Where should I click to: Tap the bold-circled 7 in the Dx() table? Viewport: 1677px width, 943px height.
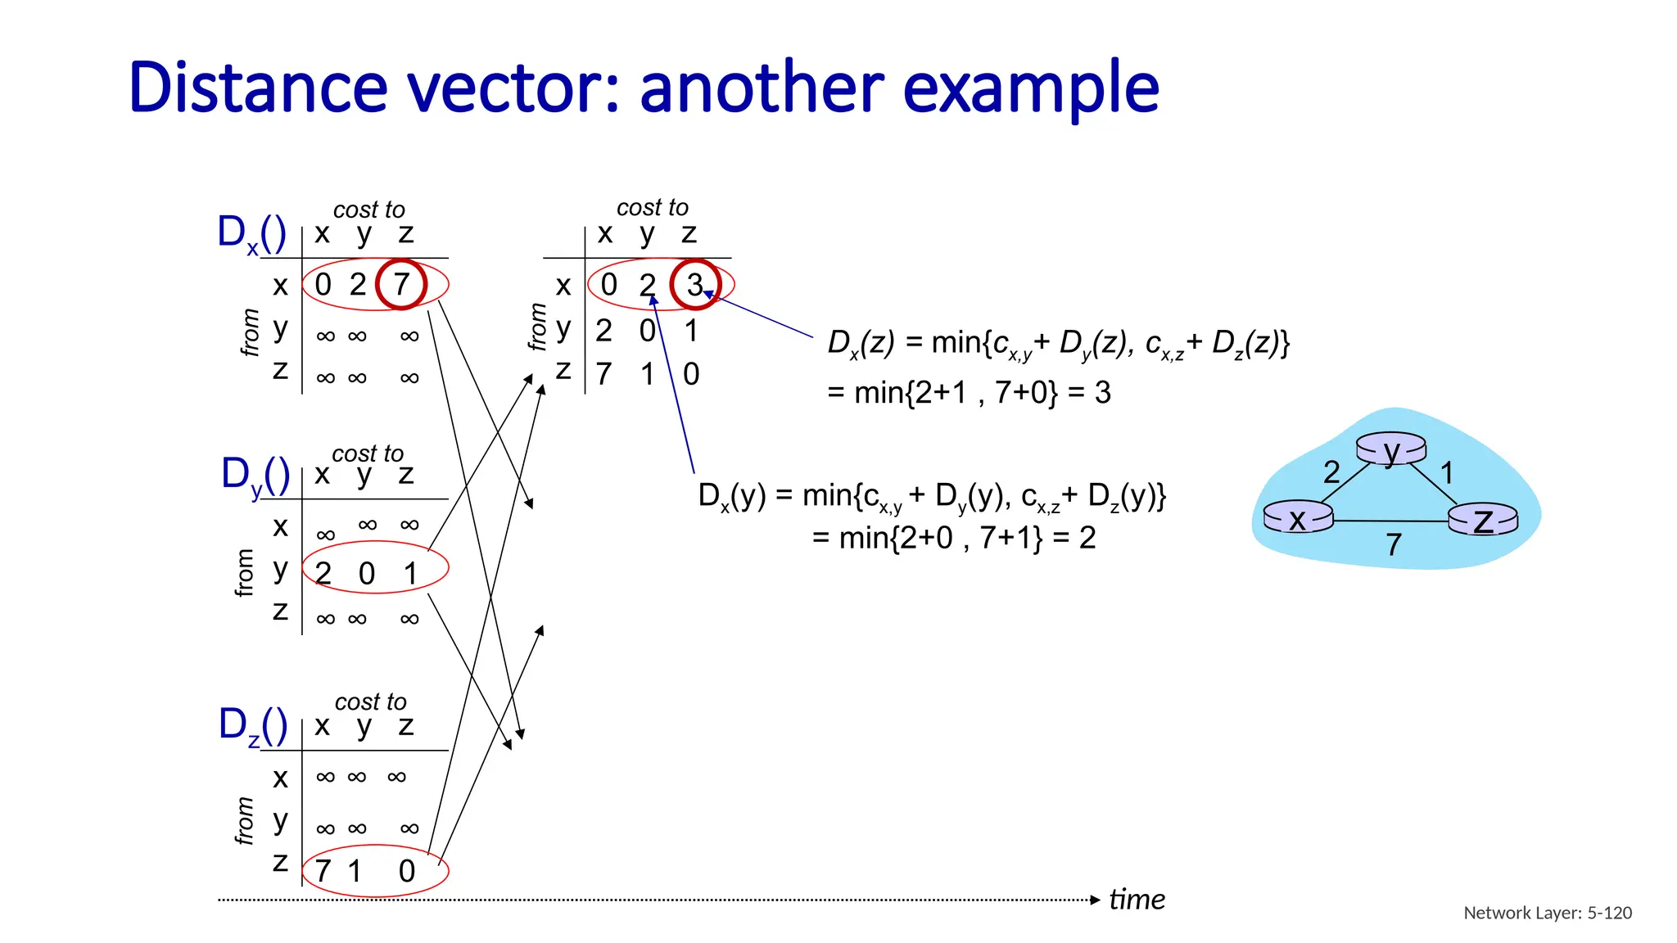coord(401,285)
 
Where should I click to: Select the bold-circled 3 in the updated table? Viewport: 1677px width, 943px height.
coord(695,285)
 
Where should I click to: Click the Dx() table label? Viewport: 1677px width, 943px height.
coord(251,234)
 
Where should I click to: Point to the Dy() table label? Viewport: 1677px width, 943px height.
coord(255,476)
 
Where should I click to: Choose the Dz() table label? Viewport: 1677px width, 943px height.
coord(253,726)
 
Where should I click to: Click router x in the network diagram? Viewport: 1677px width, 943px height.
coord(1298,517)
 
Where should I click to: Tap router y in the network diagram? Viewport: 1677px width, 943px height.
coord(1391,449)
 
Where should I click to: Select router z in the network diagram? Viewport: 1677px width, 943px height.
coord(1483,520)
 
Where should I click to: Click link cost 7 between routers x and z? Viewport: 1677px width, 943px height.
coord(1394,544)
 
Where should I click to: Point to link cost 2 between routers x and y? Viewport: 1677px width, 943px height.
coord(1331,472)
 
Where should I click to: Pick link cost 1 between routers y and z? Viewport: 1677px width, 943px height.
coord(1447,473)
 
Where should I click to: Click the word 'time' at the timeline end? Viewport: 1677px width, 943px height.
coord(1137,900)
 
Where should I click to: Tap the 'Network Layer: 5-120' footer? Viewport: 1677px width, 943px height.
coord(1547,913)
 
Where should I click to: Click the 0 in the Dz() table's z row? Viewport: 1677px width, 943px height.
coord(407,871)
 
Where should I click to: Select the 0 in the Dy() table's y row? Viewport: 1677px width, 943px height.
coord(367,574)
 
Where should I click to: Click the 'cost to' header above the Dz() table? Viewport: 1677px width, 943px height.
coord(370,702)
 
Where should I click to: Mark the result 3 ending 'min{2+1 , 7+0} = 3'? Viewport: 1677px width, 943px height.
coord(1103,393)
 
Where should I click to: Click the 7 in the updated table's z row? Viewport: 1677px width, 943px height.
coord(604,374)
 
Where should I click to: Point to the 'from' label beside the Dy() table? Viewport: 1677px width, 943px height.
coord(245,572)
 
